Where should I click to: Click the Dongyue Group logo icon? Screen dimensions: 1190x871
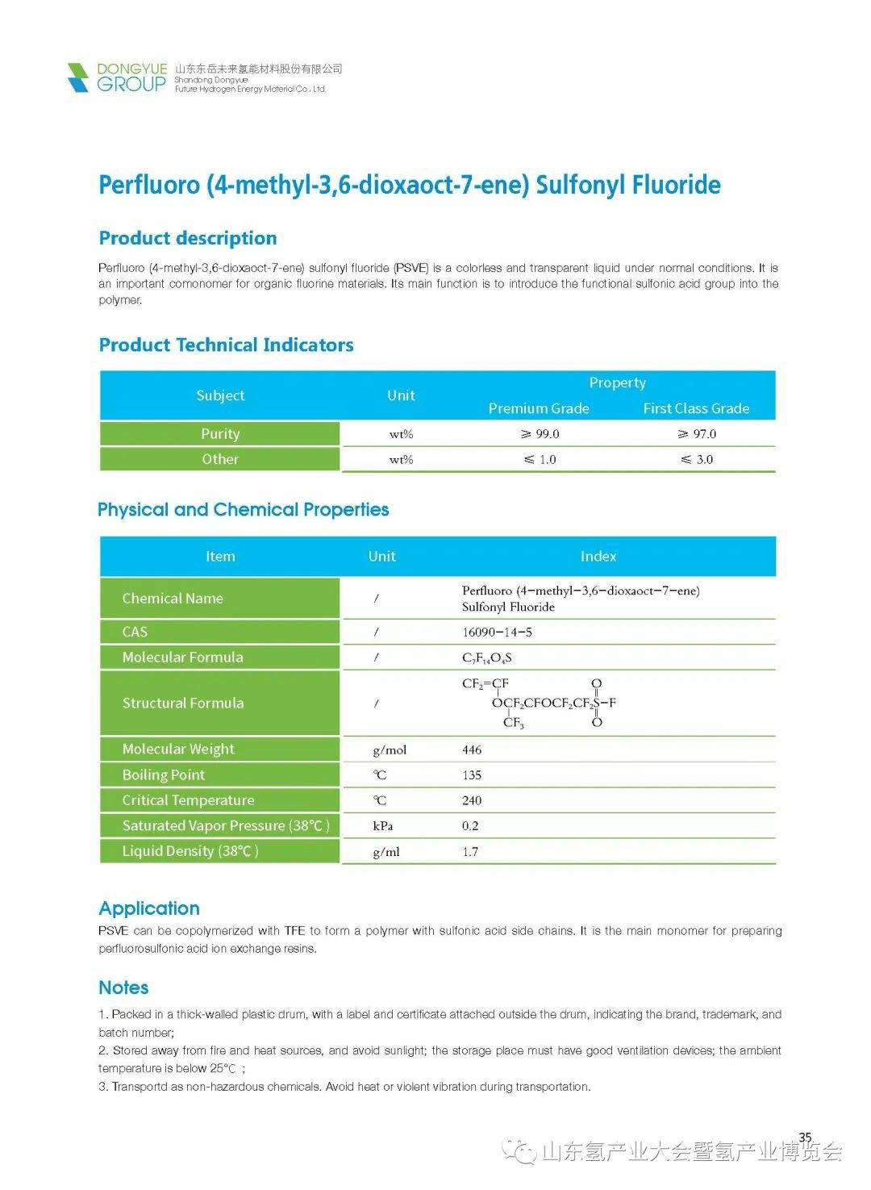point(78,77)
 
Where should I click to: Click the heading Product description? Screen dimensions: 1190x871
point(187,238)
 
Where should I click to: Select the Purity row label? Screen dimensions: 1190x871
point(220,433)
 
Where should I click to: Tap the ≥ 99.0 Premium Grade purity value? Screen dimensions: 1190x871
point(540,434)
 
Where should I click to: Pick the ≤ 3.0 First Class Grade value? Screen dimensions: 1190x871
point(697,459)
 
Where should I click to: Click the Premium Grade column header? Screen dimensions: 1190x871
point(539,408)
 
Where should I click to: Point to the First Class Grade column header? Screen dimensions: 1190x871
point(696,408)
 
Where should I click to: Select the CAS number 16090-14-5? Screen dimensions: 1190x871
point(497,632)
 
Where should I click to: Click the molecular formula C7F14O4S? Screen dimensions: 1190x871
point(487,658)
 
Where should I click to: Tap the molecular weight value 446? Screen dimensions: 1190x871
point(472,749)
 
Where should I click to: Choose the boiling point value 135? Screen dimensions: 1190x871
point(472,775)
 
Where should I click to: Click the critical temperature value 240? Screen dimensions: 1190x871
point(472,800)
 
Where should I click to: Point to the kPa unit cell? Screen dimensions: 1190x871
point(382,825)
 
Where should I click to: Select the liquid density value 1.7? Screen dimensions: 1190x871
point(470,851)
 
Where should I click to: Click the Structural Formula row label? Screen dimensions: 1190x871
point(183,703)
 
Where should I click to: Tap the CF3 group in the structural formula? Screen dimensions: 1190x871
point(514,722)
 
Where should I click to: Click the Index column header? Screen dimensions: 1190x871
point(598,556)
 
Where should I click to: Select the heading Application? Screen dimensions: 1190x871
point(149,908)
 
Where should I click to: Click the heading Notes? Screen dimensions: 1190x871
point(123,987)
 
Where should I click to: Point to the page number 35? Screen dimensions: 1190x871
point(805,1137)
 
